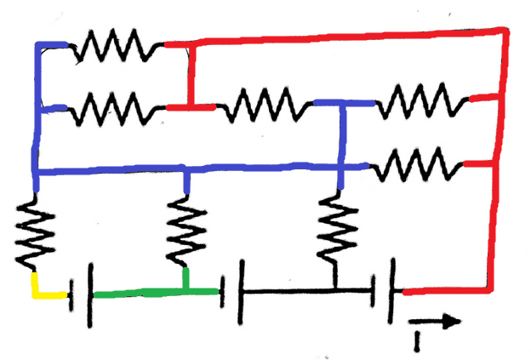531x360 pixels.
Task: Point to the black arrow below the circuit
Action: tap(435, 322)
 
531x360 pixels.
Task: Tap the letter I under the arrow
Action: tap(416, 340)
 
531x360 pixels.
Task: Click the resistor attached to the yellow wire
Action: tap(35, 233)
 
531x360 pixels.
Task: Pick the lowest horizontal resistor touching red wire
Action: tap(418, 163)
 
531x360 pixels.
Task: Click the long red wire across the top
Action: tap(340, 36)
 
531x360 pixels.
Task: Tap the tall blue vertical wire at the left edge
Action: tap(36, 111)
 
